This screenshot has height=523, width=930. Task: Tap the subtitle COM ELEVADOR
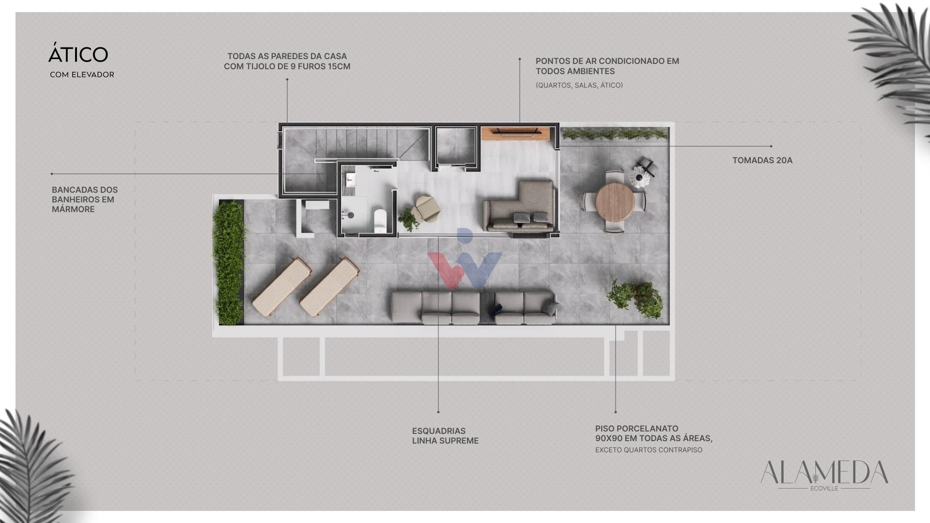point(82,75)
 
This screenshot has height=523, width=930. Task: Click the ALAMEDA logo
point(824,475)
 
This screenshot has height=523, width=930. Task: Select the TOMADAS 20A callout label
point(762,160)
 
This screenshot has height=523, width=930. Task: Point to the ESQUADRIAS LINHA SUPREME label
point(445,436)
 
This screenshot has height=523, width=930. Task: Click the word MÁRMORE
point(73,209)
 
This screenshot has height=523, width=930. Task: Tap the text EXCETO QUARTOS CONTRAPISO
point(649,450)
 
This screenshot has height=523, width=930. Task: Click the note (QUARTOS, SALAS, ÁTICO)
point(579,85)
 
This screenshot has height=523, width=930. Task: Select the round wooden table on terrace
point(615,201)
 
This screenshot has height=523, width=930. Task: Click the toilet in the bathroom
point(380,220)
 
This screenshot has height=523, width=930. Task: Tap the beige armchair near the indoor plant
point(426,209)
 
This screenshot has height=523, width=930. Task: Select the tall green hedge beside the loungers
point(228,262)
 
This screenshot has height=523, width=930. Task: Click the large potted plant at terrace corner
point(635,297)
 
